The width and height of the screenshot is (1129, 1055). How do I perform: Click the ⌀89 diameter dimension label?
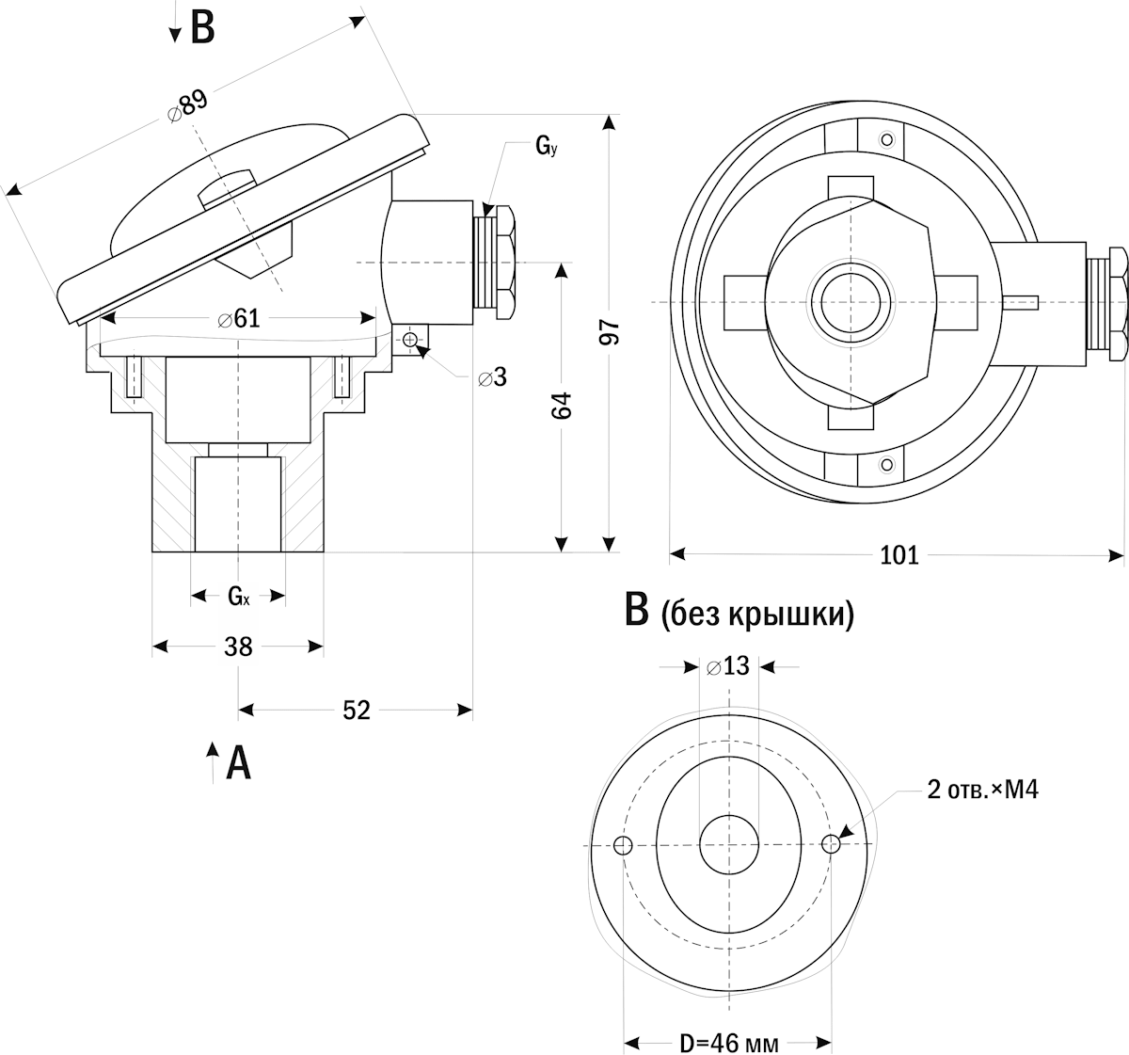coord(187,104)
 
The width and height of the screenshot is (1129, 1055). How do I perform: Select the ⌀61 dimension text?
coord(238,319)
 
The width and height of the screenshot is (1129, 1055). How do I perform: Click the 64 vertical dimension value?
coord(561,406)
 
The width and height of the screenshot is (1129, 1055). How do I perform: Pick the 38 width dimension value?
coord(238,647)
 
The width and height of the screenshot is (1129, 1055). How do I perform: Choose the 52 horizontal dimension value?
coord(355,711)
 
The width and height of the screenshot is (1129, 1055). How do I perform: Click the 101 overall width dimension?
coord(898,555)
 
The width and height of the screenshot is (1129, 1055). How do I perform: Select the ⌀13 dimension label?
coord(728,666)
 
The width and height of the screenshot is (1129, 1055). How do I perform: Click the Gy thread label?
coord(546,146)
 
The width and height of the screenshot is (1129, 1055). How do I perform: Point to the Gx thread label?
coord(238,596)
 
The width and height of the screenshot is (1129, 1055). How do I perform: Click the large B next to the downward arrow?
coord(202,28)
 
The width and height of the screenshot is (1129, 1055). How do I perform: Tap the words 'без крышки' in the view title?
coord(757,615)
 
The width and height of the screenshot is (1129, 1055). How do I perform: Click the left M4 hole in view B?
coord(623,845)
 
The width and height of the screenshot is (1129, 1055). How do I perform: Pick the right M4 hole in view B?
coord(831,844)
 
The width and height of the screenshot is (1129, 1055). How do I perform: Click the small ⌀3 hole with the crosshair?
coord(410,339)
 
